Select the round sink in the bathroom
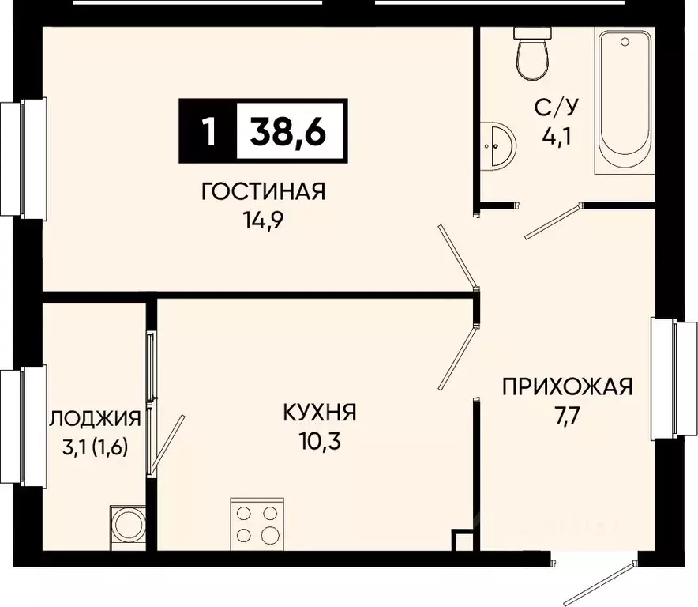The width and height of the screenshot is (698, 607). [497, 145]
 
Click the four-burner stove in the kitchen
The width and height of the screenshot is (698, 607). [256, 522]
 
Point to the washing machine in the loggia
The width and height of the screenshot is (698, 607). [126, 524]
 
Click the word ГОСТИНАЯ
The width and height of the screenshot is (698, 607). [264, 191]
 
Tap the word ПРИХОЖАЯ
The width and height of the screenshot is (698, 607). [568, 386]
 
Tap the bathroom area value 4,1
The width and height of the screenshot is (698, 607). [556, 141]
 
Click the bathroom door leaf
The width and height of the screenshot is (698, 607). [553, 221]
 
